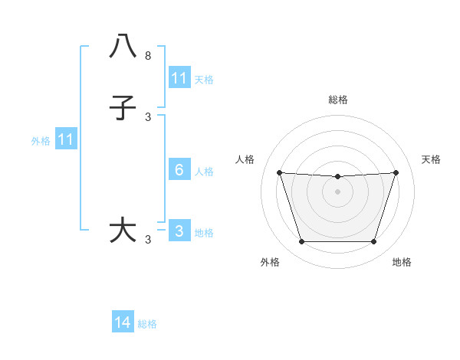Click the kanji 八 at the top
pos(123,47)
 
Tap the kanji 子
pos(123,108)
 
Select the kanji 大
pos(123,231)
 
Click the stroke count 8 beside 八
pos(148,56)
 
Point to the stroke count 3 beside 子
pos(148,117)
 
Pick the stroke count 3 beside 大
pos(148,240)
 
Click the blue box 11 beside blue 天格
pos(179,78)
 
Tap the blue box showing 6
pos(179,170)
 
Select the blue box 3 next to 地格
pos(179,231)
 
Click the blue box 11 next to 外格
pos(66,139)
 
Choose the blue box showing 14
pos(123,323)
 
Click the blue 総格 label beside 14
pos(147,324)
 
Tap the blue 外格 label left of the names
pos(41,141)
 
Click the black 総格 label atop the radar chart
pos(338,100)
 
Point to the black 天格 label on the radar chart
pos(431,159)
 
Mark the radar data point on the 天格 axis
pos(396,172)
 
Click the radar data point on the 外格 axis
pos(301,242)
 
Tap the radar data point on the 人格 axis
pos(279,172)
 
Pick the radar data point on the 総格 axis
pos(338,176)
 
